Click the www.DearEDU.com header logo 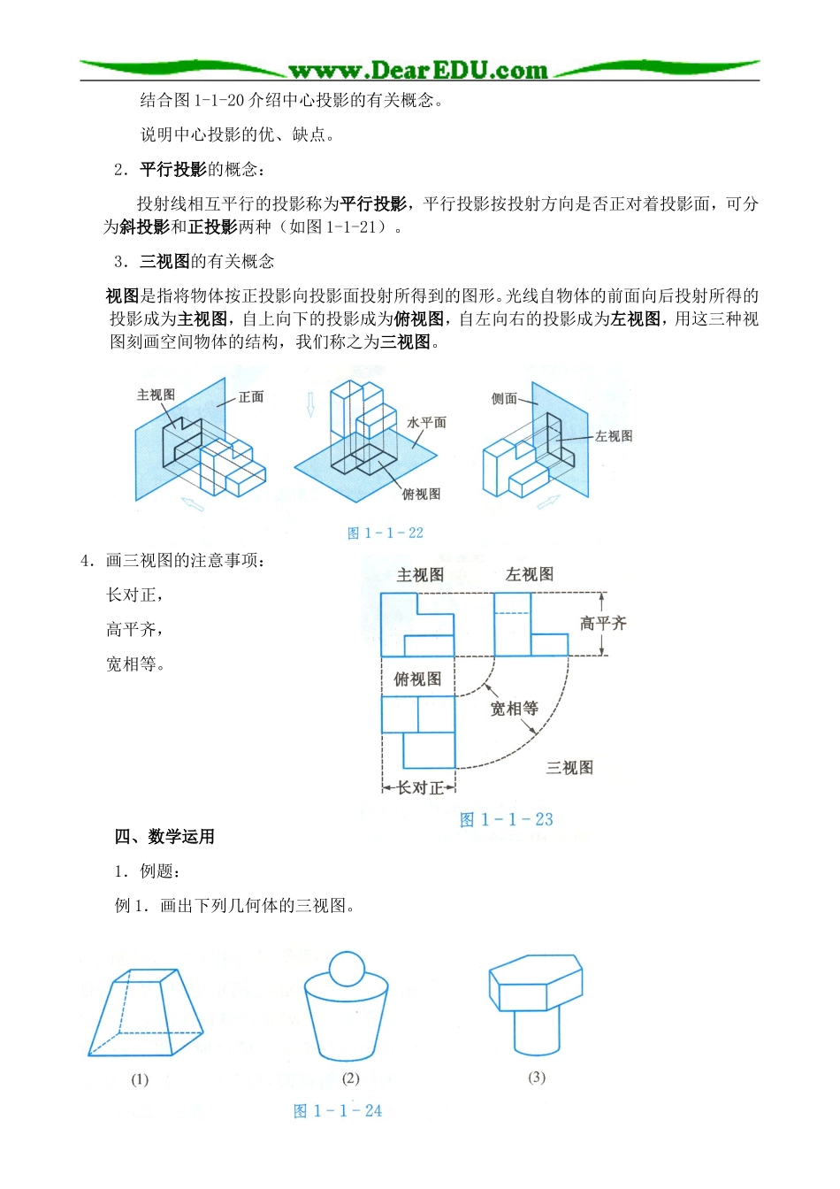coord(418,70)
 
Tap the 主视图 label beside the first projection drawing coord(156,395)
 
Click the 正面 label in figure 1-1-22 coord(251,396)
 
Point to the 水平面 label coord(426,423)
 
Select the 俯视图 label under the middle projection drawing coord(421,495)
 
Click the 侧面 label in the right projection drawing coord(504,399)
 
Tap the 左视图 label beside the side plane coord(614,436)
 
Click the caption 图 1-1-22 coord(386,533)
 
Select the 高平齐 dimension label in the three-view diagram coord(603,624)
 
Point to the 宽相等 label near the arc coord(514,709)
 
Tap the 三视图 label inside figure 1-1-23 coord(569,768)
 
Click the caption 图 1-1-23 coord(507,820)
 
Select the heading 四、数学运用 coord(164,837)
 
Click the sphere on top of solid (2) coord(346,969)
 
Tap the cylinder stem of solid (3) coord(536,1032)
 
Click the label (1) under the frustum coord(140,1079)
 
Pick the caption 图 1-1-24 coord(338,1111)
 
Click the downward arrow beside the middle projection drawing coord(310,404)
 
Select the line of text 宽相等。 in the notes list coord(136,664)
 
